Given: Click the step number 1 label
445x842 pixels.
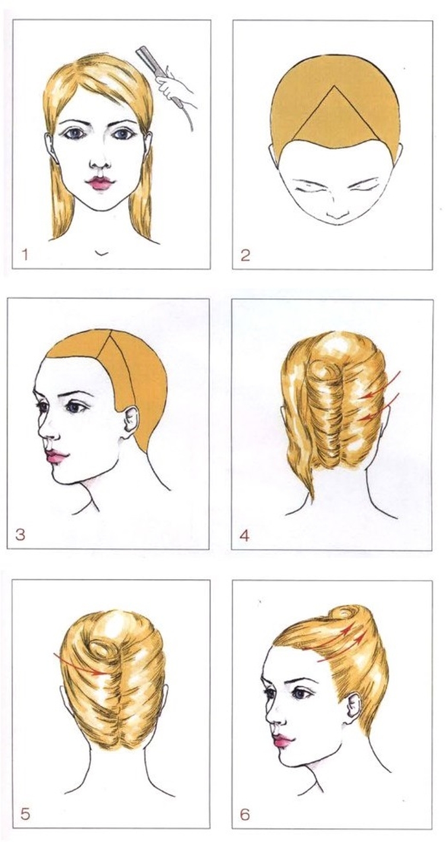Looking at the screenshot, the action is pyautogui.click(x=25, y=255).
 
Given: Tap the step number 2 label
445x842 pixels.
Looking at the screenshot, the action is pyautogui.click(x=245, y=255).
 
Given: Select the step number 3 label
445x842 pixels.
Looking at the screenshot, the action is pyautogui.click(x=20, y=534).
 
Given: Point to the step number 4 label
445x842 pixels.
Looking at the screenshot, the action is pyautogui.click(x=244, y=535).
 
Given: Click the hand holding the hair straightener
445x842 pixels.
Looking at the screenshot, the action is pyautogui.click(x=175, y=88).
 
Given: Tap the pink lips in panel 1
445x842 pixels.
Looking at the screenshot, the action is pyautogui.click(x=100, y=183).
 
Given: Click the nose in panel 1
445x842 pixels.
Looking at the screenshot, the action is pyautogui.click(x=100, y=161).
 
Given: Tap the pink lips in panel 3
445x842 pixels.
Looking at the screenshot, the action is pyautogui.click(x=56, y=456).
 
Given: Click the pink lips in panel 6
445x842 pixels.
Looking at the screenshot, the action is pyautogui.click(x=282, y=740).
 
